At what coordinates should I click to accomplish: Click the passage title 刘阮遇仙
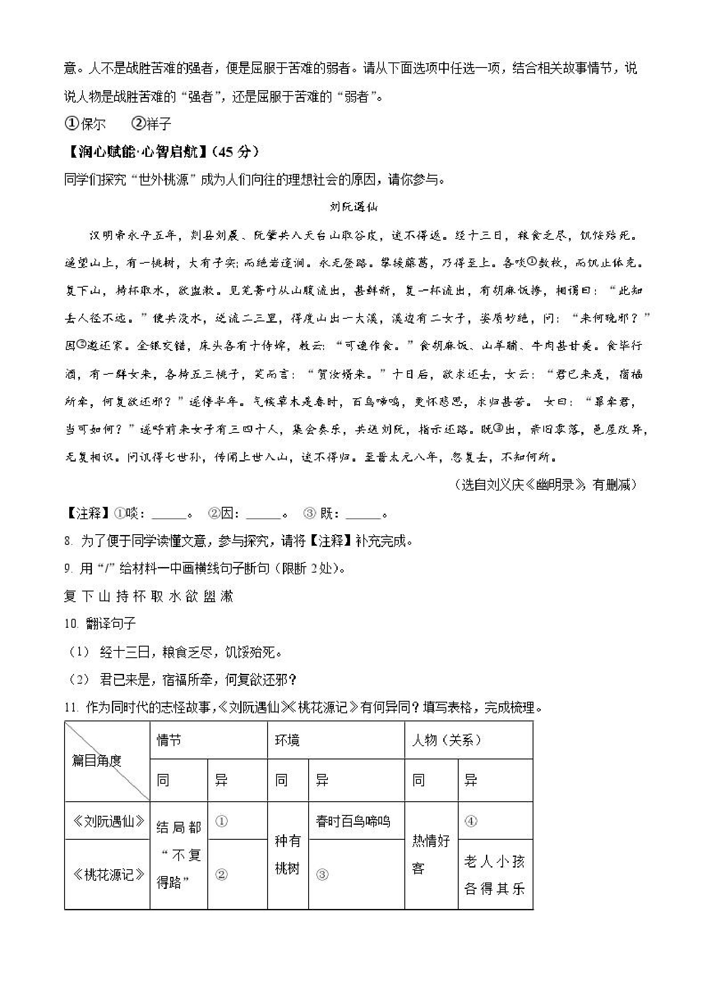coord(353,207)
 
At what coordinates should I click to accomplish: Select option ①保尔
coord(85,124)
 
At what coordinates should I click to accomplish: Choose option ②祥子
coord(152,124)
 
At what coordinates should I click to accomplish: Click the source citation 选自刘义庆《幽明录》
coord(546,485)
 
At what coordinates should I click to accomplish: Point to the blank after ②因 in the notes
coord(264,515)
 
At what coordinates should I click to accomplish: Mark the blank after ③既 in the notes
coord(363,515)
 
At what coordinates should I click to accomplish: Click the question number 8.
coord(68,541)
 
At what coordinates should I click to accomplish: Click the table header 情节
coord(169,740)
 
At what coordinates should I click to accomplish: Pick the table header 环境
coord(287,740)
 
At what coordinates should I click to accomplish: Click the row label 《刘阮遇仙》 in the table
coord(108,821)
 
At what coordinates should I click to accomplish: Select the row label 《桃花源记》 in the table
coord(108,874)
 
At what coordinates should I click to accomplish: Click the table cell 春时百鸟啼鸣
coord(353,821)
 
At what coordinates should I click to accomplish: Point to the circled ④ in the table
coord(471,821)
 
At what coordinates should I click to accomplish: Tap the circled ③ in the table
coord(322,874)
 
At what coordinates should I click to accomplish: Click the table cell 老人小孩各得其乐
coord(495,874)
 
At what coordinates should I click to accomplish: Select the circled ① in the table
coord(222,821)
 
